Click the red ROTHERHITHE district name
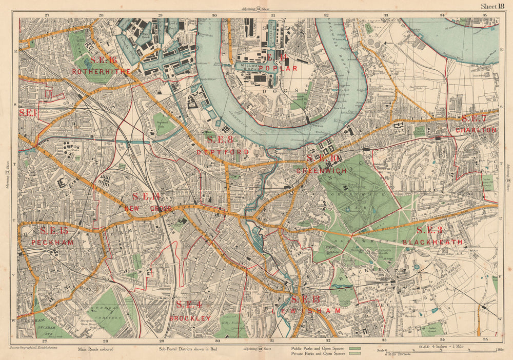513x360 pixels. [102, 71]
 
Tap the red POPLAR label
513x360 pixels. [278, 68]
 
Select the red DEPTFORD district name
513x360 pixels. [222, 152]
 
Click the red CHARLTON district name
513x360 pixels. [476, 130]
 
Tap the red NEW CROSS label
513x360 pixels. [148, 209]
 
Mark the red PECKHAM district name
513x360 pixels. [52, 242]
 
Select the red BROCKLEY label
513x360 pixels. [190, 318]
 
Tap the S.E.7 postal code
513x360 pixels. [473, 118]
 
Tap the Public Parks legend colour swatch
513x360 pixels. [354, 347]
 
